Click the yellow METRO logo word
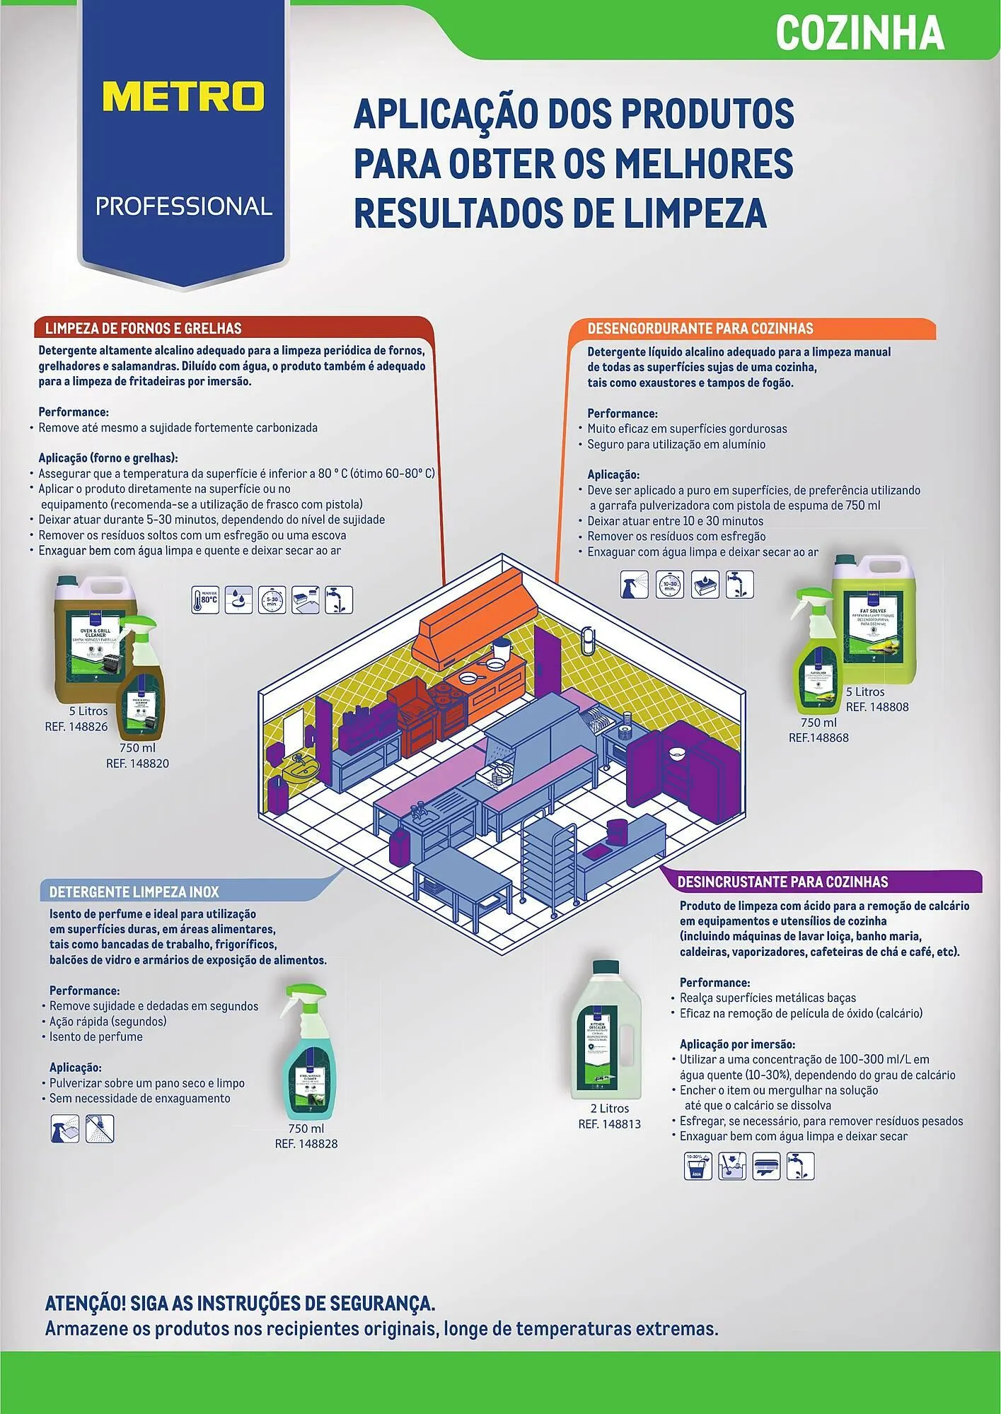coord(183,96)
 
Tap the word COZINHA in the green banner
coord(860,33)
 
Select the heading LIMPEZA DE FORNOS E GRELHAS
coord(144,328)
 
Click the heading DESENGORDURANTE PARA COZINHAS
coord(700,328)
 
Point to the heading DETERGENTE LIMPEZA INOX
coord(134,892)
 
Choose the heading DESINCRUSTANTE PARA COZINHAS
coord(782,882)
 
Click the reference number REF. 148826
coord(76,726)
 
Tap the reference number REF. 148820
coord(137,763)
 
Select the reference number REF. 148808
coord(877,706)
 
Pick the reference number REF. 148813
coord(609,1123)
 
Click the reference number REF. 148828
coord(306,1143)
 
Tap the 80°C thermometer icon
coord(205,600)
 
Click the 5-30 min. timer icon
coord(272,600)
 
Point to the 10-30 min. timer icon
coord(669,585)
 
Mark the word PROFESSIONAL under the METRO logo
coord(184,206)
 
